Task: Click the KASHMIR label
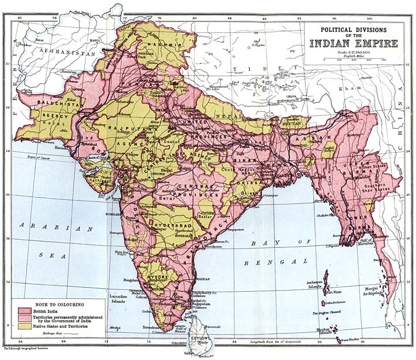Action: (x=146, y=44)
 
